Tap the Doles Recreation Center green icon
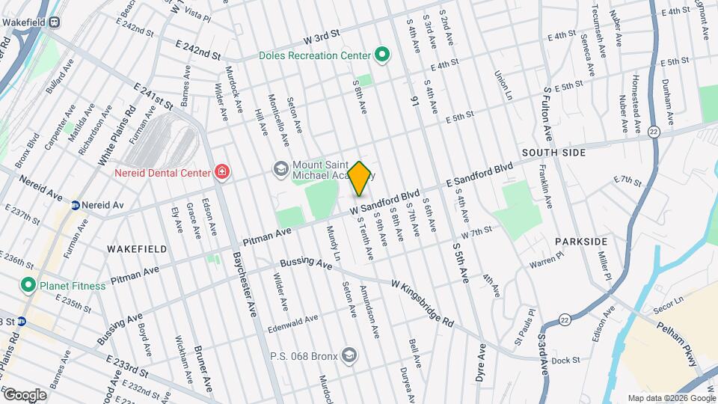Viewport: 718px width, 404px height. tap(382, 55)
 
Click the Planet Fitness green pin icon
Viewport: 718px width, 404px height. tap(28, 284)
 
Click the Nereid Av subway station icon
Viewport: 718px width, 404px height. tap(76, 205)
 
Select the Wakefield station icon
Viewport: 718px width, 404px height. tap(55, 22)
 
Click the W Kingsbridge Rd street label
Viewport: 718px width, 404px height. tap(423, 301)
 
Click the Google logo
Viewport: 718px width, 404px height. tap(25, 394)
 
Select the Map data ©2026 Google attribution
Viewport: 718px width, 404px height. tap(670, 398)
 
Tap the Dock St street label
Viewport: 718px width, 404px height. tap(571, 361)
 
